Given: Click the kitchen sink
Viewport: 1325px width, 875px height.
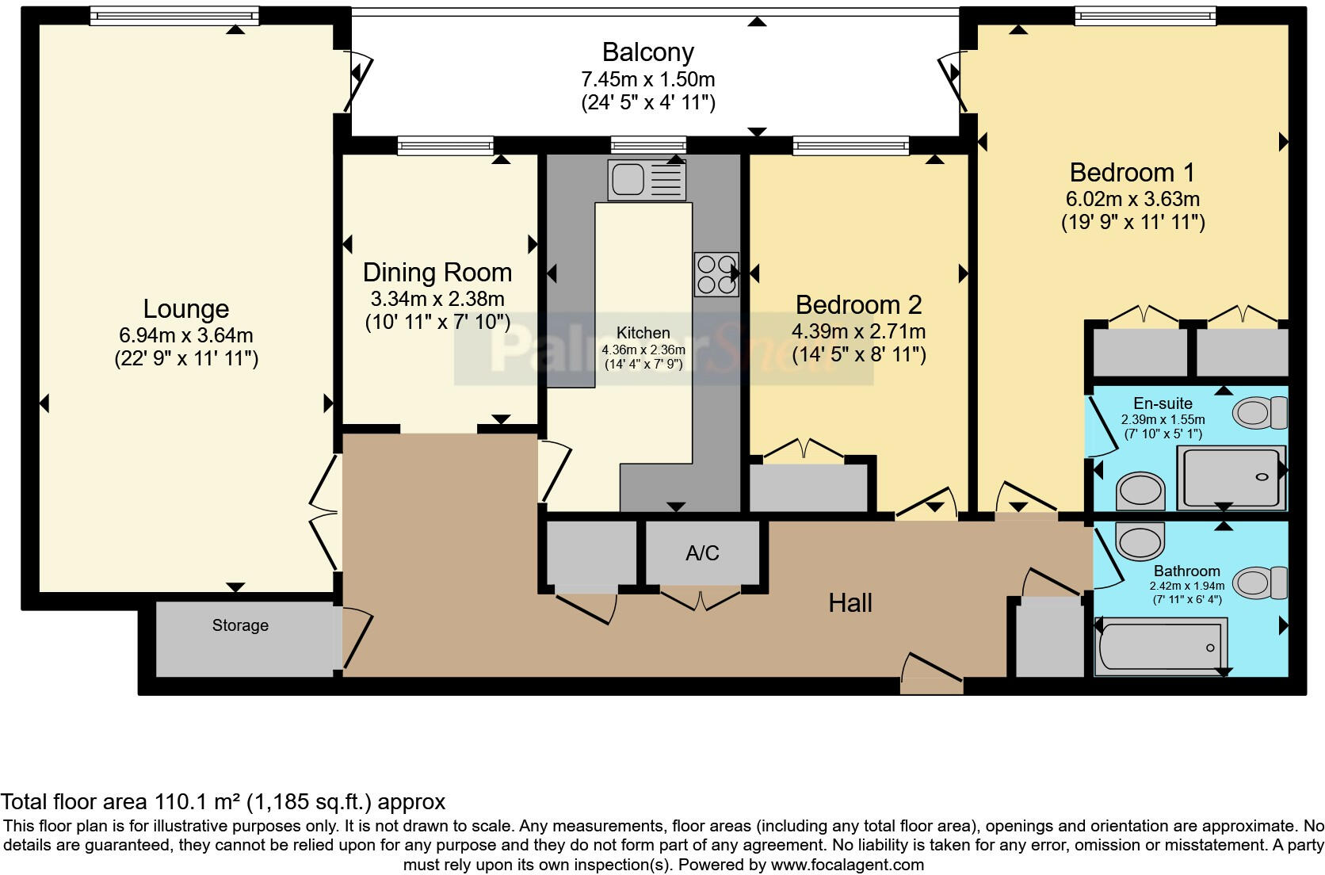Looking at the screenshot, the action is click(647, 180).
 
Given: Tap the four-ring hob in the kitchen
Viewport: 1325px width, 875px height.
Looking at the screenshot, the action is click(716, 274).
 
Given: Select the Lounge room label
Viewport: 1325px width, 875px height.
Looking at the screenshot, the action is click(185, 309).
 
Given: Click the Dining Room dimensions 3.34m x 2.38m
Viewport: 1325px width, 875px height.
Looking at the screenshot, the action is click(437, 299).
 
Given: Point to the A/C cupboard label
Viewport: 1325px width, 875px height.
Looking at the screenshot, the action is click(702, 553).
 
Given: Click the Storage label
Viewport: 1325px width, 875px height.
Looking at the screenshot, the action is click(240, 625).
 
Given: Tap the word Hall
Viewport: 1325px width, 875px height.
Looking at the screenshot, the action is click(850, 603).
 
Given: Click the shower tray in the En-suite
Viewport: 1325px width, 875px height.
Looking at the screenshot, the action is click(1231, 478).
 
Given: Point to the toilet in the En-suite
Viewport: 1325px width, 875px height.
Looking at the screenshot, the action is click(1260, 412).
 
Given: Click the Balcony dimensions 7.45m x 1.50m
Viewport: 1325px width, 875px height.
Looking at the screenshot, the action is click(647, 78).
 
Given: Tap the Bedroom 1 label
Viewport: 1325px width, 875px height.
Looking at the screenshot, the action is click(1132, 173).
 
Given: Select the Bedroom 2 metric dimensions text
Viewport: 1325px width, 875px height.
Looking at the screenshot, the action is click(858, 331).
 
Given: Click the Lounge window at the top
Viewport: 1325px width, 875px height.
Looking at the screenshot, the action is click(174, 16).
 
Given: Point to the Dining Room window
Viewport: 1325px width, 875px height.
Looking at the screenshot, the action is click(445, 146).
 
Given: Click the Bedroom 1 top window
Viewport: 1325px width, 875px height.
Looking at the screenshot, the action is click(1145, 16).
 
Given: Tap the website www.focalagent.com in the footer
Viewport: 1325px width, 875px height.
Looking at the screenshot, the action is click(847, 865).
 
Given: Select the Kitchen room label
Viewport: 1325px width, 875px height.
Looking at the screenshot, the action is click(643, 333).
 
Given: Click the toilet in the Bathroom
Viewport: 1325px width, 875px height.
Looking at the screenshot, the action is click(1263, 583).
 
